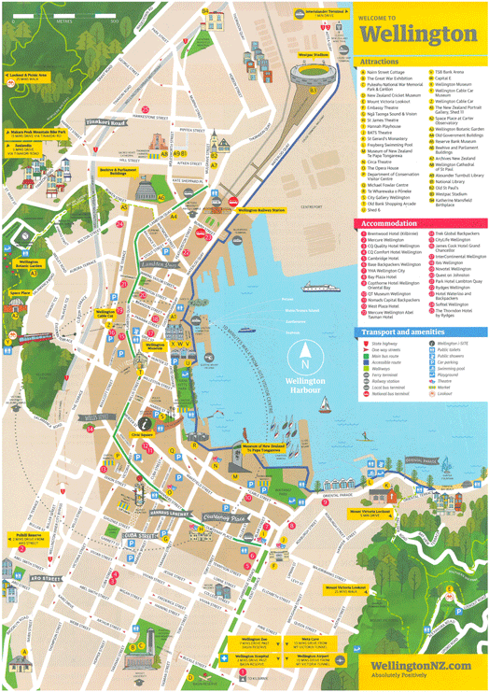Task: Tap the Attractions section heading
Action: point(382,62)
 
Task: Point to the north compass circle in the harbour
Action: point(305,363)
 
